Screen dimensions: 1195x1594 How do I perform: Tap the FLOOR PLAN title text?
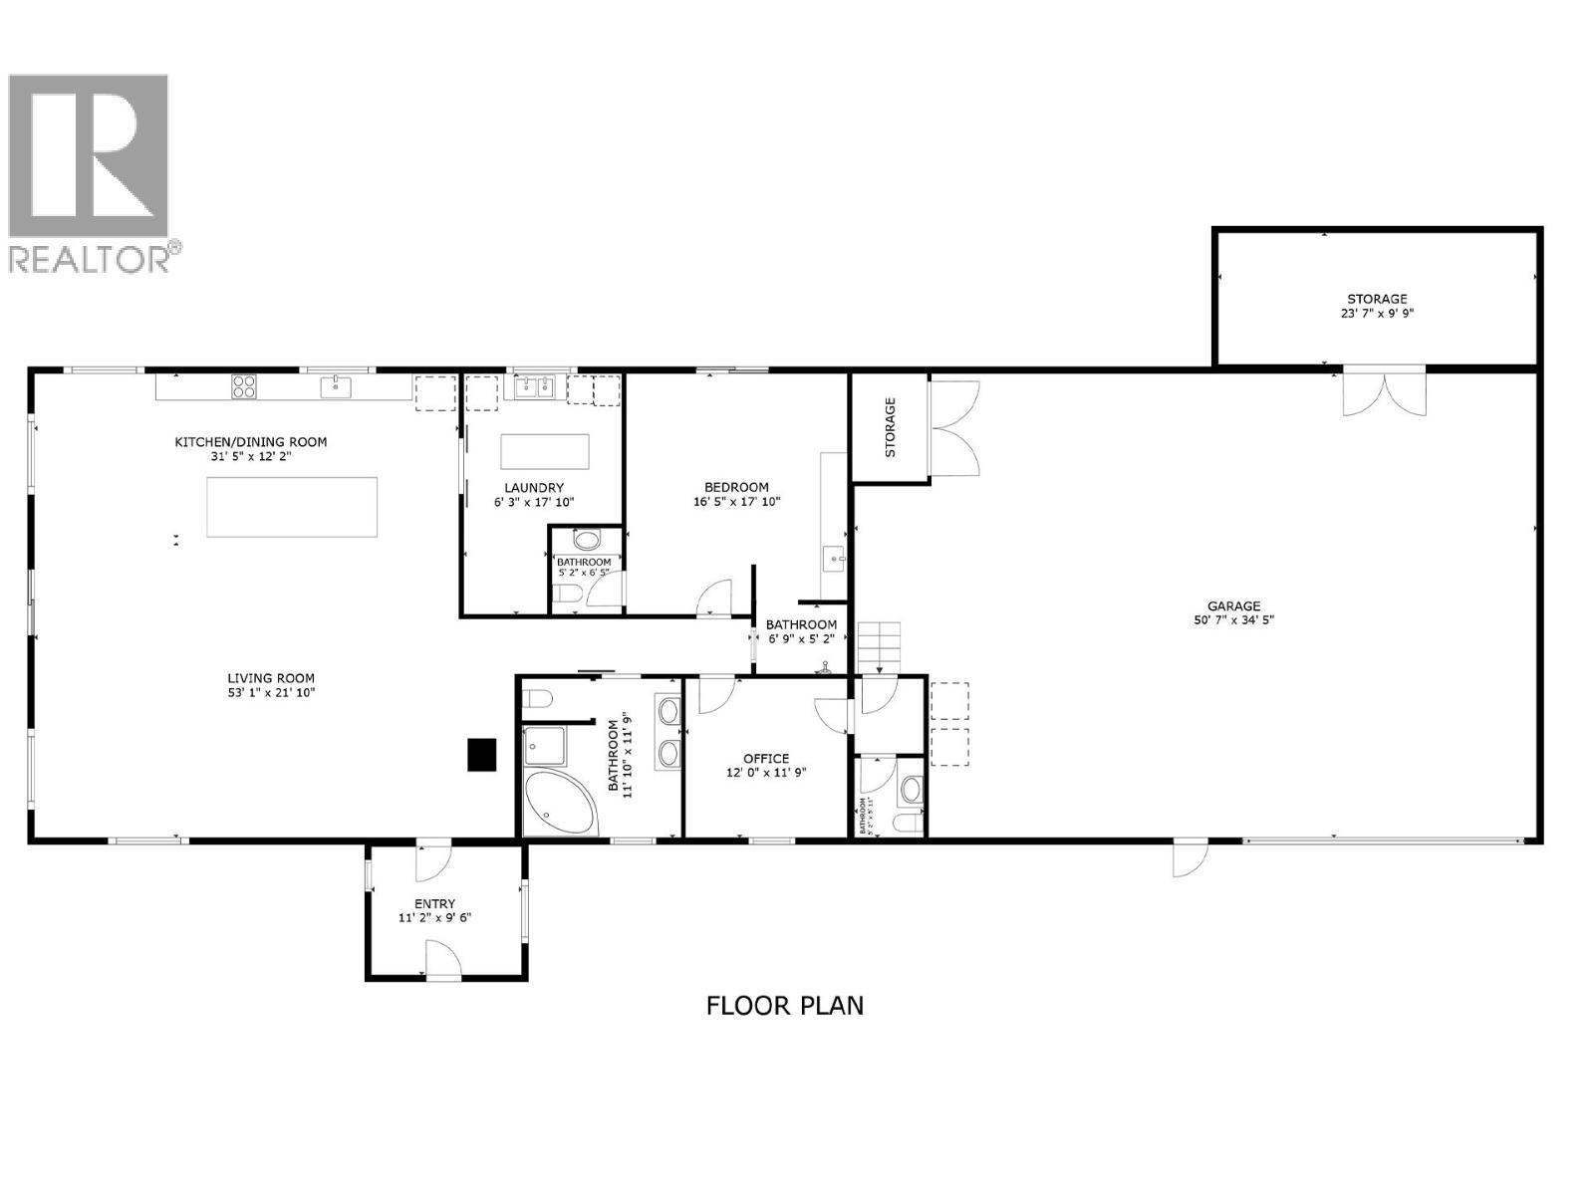tap(784, 1006)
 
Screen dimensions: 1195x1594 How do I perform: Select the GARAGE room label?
tap(1233, 605)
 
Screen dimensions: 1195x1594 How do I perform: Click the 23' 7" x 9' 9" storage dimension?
tap(1377, 313)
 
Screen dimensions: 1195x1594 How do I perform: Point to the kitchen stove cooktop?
tap(244, 385)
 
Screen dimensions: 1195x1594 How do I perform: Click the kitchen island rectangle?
tap(291, 507)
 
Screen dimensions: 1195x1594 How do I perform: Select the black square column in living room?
tap(482, 754)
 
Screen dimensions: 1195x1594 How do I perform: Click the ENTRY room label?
tap(434, 903)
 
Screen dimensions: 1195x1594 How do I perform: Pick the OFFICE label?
tap(765, 758)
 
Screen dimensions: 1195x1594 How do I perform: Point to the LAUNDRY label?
tap(534, 488)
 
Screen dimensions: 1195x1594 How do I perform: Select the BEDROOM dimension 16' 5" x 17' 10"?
tap(736, 502)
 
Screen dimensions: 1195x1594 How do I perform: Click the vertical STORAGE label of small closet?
tap(890, 427)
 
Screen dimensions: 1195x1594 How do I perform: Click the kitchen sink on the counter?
tap(336, 385)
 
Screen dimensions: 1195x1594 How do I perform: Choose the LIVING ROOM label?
tap(271, 678)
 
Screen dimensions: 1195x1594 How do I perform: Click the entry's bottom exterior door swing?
tap(443, 963)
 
